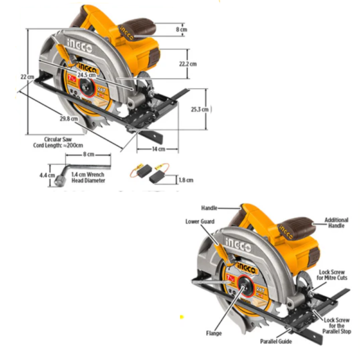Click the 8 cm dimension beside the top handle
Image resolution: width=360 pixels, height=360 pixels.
coord(181,28)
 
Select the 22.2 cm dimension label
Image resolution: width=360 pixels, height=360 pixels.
coord(188,62)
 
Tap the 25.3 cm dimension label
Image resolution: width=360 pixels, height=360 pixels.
coord(198,109)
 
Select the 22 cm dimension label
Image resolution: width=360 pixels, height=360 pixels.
coord(26,76)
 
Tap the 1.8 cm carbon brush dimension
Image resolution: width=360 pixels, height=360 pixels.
coord(186,179)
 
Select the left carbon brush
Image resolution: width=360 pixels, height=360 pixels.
coord(139,173)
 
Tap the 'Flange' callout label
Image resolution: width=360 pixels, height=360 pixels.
coord(214,333)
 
